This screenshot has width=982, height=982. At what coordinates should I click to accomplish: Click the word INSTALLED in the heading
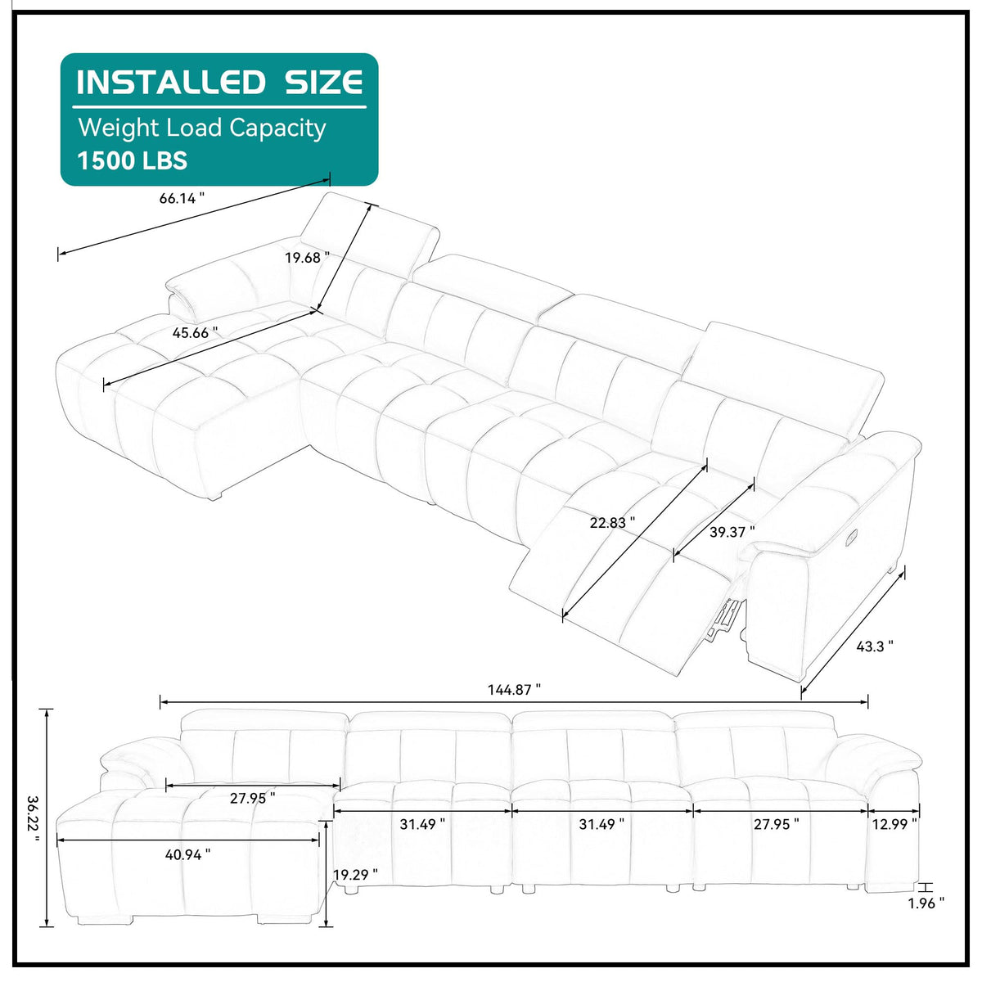(171, 82)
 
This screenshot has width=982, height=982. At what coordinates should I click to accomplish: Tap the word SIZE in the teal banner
(323, 82)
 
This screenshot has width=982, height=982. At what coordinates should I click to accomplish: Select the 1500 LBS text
(132, 160)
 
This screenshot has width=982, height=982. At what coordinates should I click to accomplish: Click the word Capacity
(277, 128)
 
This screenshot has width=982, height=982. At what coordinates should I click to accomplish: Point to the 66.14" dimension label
(182, 198)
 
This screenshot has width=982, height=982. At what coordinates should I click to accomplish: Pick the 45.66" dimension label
(196, 333)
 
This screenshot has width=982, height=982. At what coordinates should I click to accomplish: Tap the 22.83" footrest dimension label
(613, 522)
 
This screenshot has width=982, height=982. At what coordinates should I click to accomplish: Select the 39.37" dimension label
(732, 532)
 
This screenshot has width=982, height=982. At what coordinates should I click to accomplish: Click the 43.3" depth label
(875, 646)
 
